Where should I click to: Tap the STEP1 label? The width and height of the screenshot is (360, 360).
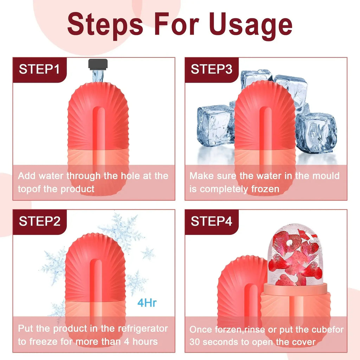(x=39, y=69)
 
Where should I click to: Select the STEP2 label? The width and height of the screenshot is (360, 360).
(x=39, y=221)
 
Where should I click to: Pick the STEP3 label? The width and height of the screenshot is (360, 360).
(x=211, y=69)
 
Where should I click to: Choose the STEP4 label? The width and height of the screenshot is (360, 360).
(x=211, y=221)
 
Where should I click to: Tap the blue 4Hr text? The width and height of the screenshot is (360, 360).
(x=147, y=303)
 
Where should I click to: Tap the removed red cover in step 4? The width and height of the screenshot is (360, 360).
(x=239, y=292)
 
